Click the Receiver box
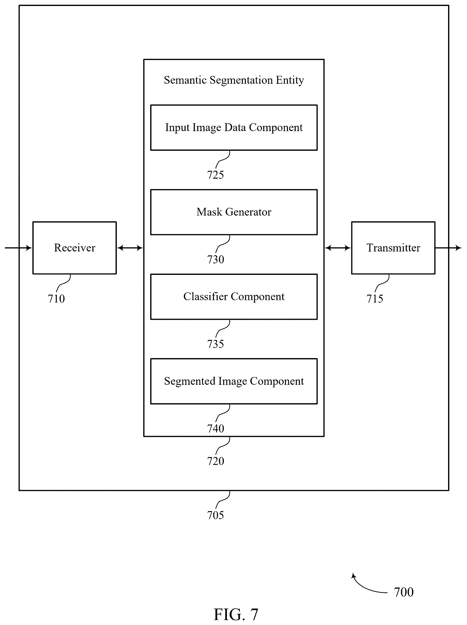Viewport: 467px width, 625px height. (74, 247)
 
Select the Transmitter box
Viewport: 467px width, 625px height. (393, 247)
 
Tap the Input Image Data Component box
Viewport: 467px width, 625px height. (234, 127)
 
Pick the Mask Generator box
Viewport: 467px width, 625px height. (234, 212)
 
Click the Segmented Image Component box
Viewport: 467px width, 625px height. (234, 381)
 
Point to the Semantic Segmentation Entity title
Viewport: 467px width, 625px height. (234, 80)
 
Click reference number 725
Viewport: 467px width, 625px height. (215, 175)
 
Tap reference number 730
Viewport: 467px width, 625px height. (215, 259)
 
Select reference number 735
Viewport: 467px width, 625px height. (215, 344)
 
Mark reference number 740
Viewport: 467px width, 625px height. (215, 428)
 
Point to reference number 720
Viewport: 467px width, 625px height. (215, 461)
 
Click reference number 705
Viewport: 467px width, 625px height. (215, 515)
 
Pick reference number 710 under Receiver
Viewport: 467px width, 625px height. (56, 299)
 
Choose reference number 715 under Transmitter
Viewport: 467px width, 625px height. (375, 299)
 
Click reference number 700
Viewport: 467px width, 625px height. (404, 592)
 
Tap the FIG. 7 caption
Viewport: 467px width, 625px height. (236, 614)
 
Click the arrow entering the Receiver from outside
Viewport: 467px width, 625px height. (18, 248)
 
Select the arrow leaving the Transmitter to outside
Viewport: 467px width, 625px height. (448, 248)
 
